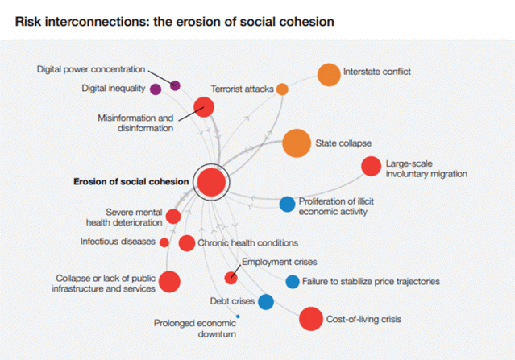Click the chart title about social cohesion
coord(174,22)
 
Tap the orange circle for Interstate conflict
coord(329,75)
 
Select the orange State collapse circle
coord(297,143)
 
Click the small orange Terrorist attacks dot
coord(282,89)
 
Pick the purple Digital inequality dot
coord(156,89)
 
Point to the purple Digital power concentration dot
coord(176,85)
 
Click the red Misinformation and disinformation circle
coord(204,107)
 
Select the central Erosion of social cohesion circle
coord(211,183)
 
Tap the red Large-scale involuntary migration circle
coord(371,167)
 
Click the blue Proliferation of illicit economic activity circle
coord(287,205)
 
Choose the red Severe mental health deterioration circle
coord(173,216)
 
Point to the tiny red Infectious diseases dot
coord(164,242)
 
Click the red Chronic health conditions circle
coord(186,242)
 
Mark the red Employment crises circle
coord(231,279)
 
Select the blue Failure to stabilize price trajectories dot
coord(293,281)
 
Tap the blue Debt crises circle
coord(265,301)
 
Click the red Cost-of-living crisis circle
coord(310,320)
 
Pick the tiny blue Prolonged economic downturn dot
coord(238,317)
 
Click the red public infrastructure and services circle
coord(169,281)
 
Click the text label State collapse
coord(343,143)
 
